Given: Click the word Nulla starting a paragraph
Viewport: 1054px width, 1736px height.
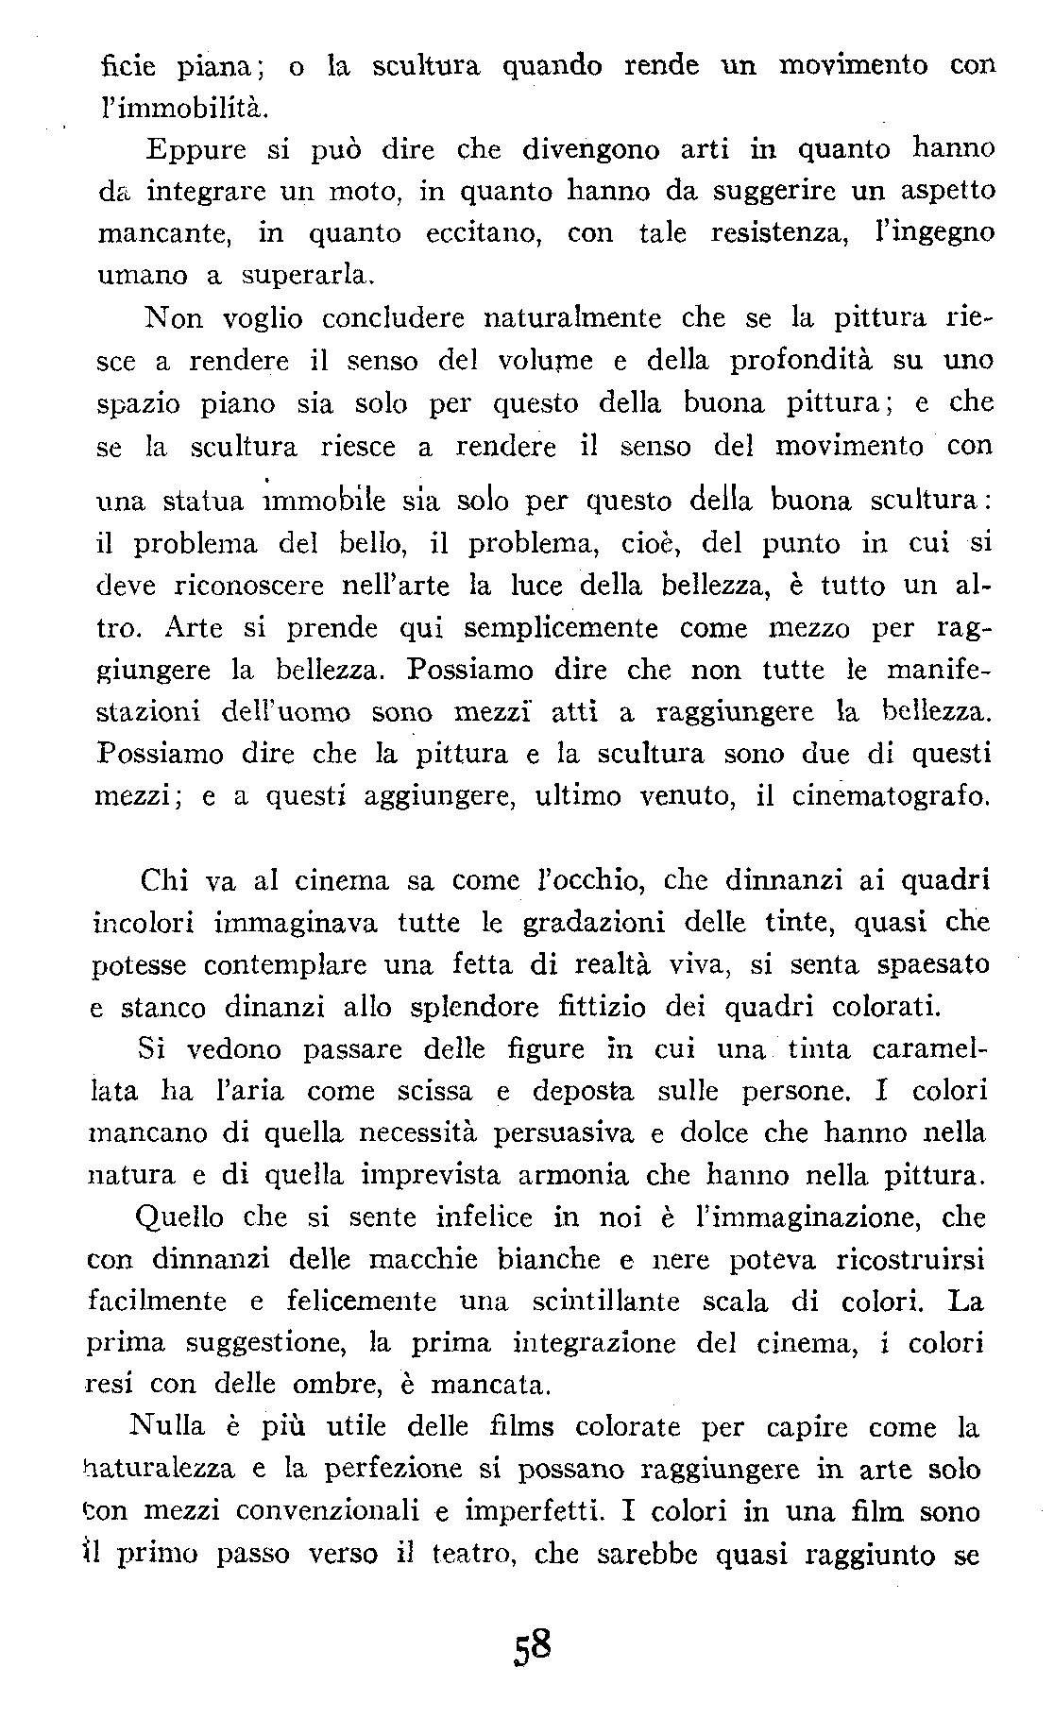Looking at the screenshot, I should [x=164, y=1428].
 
